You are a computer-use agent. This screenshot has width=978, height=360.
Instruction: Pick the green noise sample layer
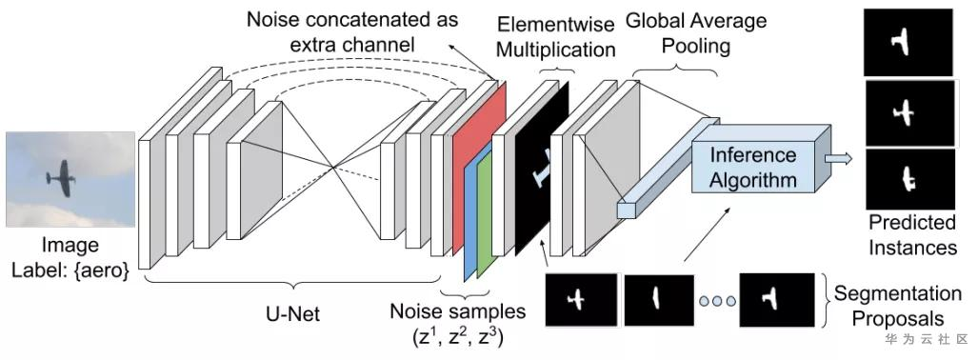point(485,218)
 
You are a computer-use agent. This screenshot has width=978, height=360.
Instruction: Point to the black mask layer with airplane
point(542,169)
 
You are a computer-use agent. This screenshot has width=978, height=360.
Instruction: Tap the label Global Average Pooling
point(695,32)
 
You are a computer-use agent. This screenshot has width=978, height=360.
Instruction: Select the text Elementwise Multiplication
point(556,37)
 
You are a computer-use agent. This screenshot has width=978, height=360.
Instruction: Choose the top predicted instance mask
point(908,43)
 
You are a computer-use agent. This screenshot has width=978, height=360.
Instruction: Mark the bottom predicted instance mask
point(910,179)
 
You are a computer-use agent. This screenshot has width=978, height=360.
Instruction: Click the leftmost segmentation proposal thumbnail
point(581,299)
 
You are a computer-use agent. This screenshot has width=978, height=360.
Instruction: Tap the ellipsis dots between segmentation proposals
point(717,301)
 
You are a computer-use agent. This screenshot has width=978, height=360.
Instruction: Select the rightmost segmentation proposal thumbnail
point(777,300)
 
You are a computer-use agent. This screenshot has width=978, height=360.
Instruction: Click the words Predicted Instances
point(912,234)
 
